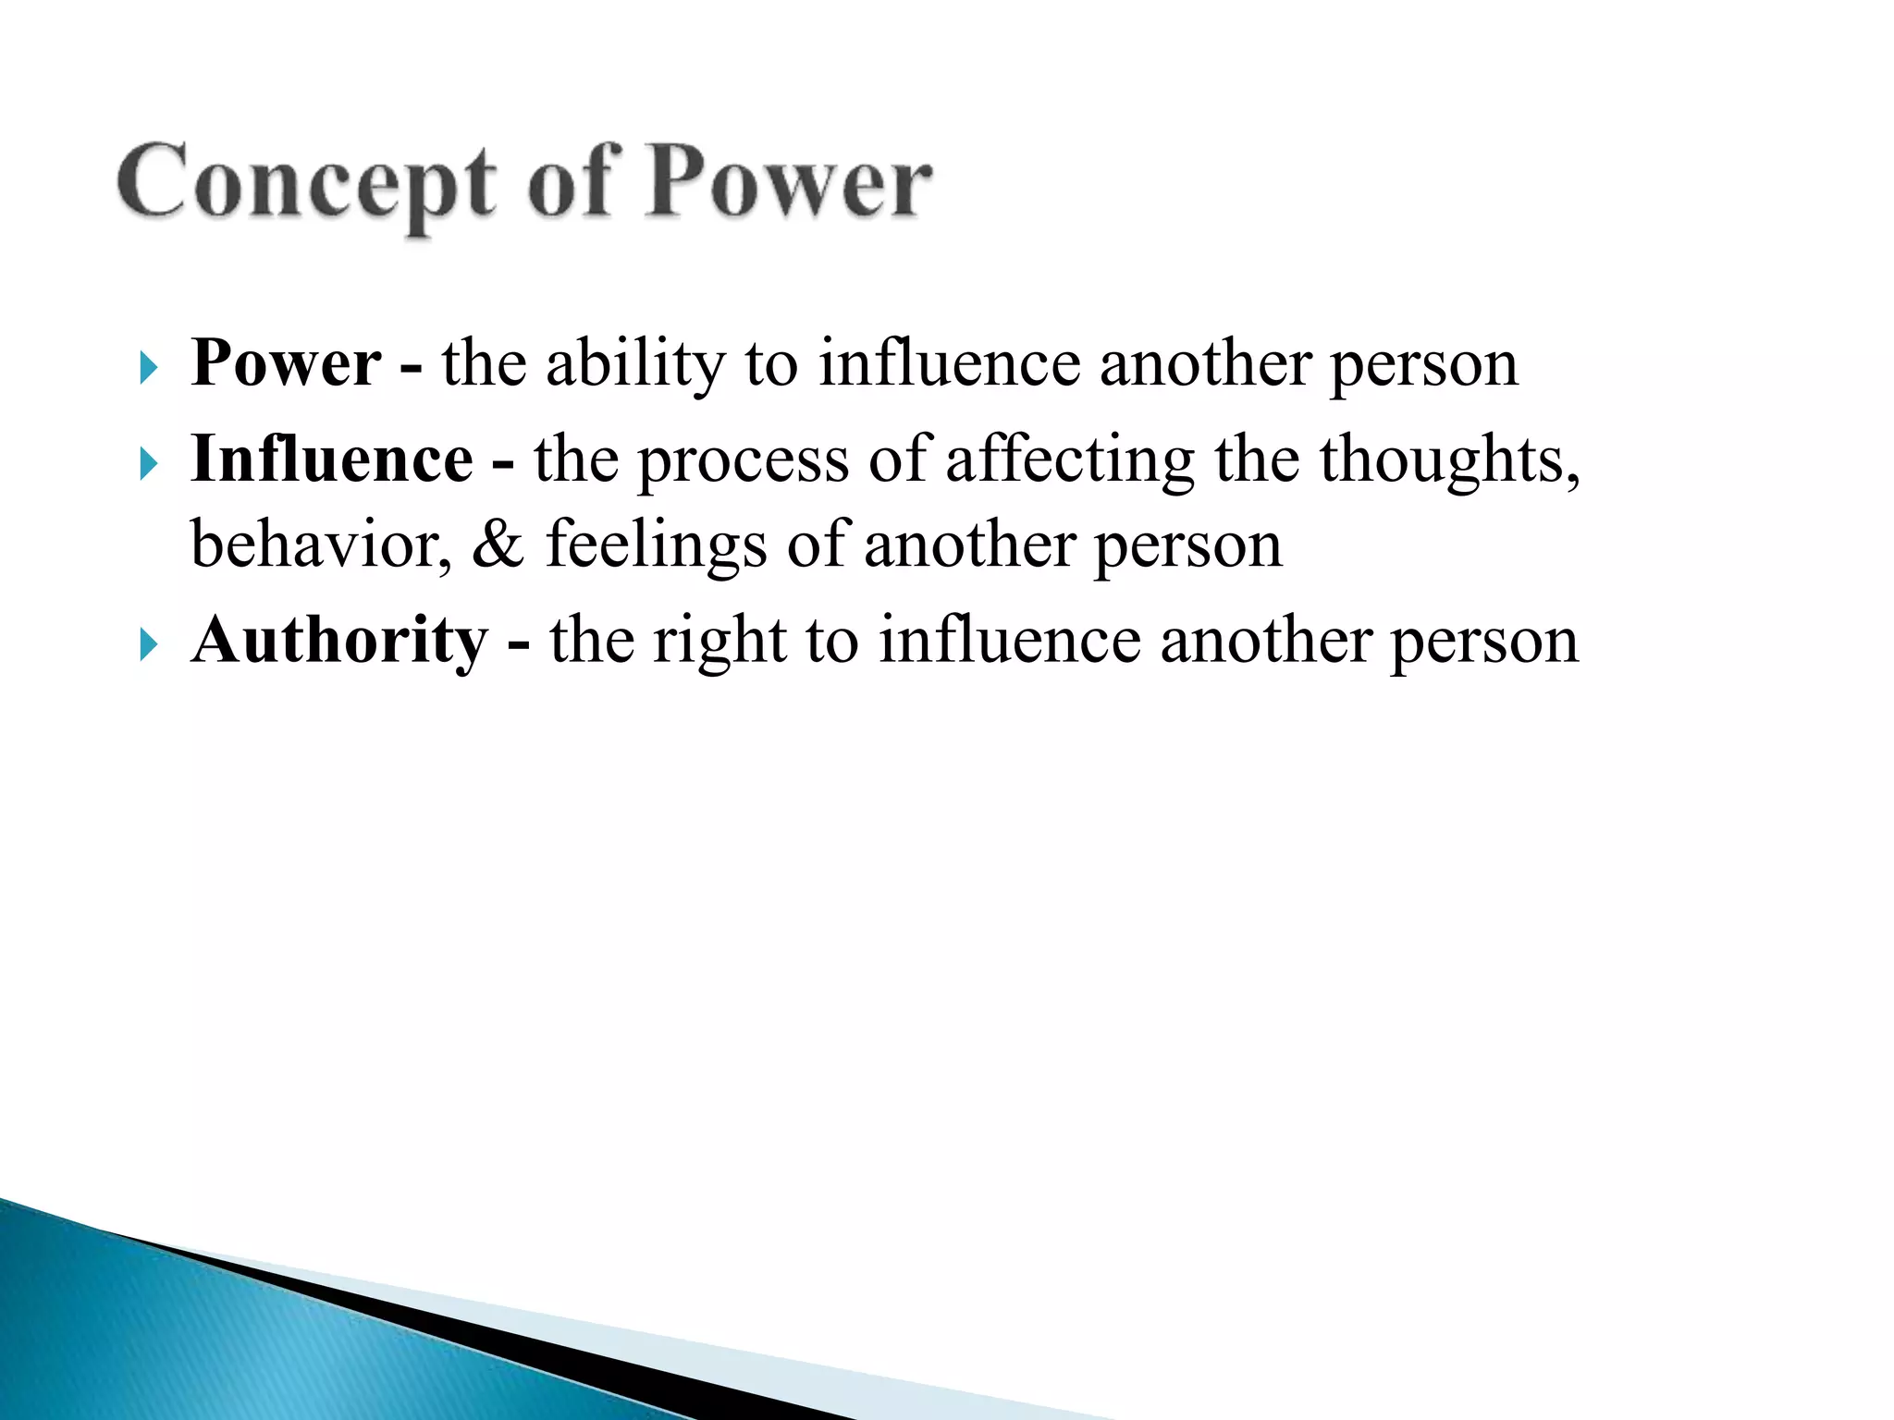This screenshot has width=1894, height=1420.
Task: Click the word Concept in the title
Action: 305,183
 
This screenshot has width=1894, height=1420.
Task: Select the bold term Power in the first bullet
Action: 285,362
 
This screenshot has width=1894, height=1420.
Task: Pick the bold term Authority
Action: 338,640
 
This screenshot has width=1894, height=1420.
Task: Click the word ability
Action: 635,364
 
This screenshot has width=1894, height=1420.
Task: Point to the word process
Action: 743,460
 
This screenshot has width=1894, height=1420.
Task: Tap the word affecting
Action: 1069,460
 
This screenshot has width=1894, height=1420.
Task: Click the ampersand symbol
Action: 498,545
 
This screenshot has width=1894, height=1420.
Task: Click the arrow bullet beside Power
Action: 148,368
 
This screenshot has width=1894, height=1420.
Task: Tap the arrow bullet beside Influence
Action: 148,464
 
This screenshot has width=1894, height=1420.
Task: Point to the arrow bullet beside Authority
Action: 148,644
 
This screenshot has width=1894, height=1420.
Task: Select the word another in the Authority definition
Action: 1266,640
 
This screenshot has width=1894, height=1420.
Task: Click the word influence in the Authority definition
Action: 1009,640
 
